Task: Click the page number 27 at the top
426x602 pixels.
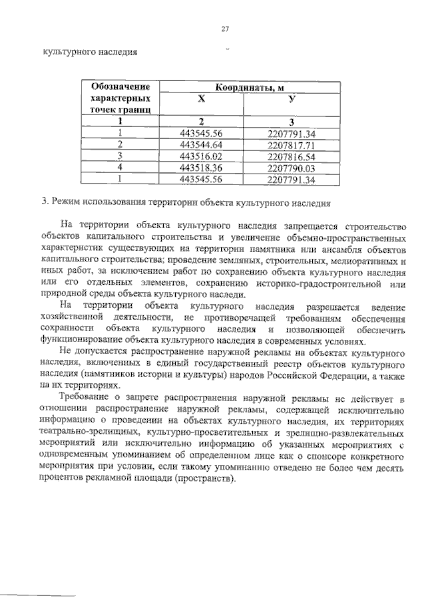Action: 225,28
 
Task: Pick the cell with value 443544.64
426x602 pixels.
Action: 201,144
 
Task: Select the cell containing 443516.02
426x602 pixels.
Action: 201,156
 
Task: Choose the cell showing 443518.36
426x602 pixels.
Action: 201,167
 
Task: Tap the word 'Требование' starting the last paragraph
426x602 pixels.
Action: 87,397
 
